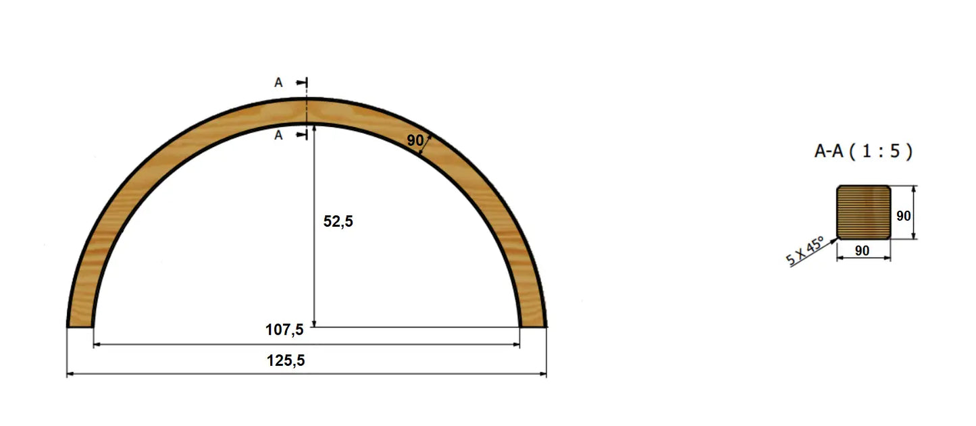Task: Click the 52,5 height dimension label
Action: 338,221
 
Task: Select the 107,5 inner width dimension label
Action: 284,329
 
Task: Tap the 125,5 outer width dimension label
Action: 286,361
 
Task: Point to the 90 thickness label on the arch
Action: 415,140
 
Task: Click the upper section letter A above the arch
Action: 278,82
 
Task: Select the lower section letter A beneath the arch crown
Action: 278,136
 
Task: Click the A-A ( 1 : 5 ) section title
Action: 863,151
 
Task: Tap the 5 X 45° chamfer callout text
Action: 804,251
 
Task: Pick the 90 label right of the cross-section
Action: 903,215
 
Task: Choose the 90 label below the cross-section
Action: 863,250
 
